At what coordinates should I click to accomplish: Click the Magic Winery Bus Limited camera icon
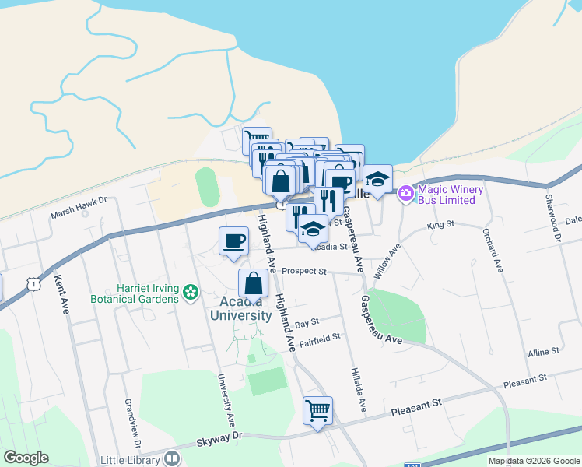pyautogui.click(x=405, y=194)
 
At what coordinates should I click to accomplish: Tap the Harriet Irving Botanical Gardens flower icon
pyautogui.click(x=191, y=293)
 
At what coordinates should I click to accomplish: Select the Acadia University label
pyautogui.click(x=240, y=308)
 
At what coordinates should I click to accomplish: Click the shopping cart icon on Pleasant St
pyautogui.click(x=317, y=409)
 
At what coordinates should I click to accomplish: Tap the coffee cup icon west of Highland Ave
pyautogui.click(x=233, y=241)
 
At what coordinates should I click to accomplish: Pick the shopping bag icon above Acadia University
pyautogui.click(x=253, y=283)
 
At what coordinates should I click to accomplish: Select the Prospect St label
pyautogui.click(x=304, y=272)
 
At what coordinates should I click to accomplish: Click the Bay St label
pyautogui.click(x=307, y=321)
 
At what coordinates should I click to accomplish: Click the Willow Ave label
pyautogui.click(x=391, y=263)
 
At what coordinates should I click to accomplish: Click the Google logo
pyautogui.click(x=26, y=458)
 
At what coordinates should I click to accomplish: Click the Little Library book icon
pyautogui.click(x=172, y=459)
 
